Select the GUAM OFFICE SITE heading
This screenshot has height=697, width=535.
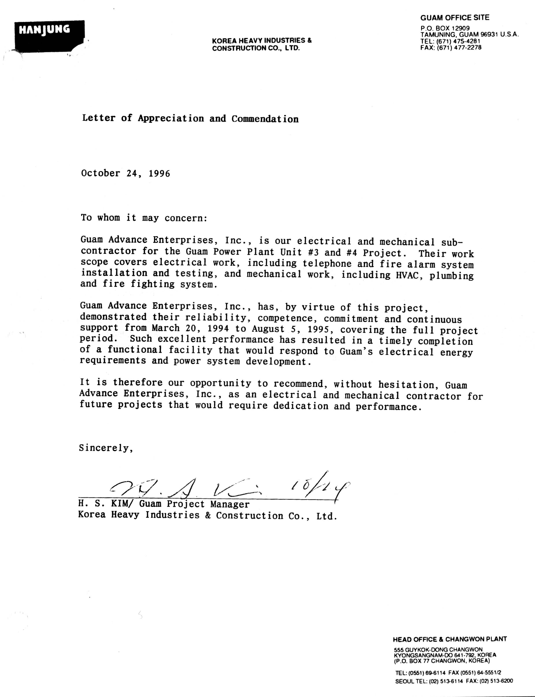(x=454, y=18)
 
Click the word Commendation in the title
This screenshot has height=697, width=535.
(x=265, y=119)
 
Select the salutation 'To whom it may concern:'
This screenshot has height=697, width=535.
(x=144, y=218)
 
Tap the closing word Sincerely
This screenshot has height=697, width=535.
(x=105, y=448)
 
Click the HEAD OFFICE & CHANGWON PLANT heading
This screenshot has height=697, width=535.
(x=450, y=639)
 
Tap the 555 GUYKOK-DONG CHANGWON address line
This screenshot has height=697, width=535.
(x=438, y=649)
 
